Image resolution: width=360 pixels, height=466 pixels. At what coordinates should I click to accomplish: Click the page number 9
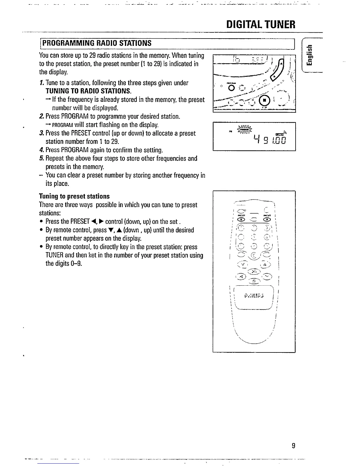(293, 446)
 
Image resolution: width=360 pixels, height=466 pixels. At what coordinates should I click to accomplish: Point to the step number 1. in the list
(41, 83)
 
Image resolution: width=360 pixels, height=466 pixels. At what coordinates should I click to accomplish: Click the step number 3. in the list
(41, 133)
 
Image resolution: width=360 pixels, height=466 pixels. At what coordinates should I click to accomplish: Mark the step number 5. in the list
(41, 159)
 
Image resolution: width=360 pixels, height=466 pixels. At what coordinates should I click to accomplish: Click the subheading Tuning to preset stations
(74, 196)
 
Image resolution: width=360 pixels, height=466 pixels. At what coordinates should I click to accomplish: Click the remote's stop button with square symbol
(254, 281)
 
